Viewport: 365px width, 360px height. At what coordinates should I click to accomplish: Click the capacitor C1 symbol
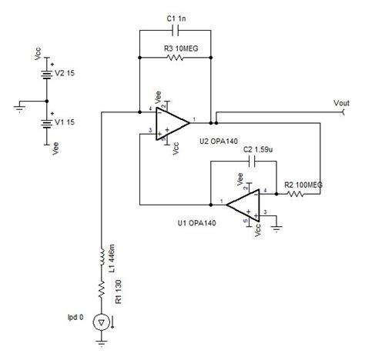177,31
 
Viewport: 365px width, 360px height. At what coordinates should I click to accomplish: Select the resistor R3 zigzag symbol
177,57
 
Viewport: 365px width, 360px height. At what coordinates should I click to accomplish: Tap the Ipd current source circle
102,322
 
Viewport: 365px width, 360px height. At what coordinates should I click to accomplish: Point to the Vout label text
343,102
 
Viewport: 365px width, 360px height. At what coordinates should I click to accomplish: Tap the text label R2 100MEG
303,184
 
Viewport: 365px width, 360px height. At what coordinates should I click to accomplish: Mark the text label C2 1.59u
259,149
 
